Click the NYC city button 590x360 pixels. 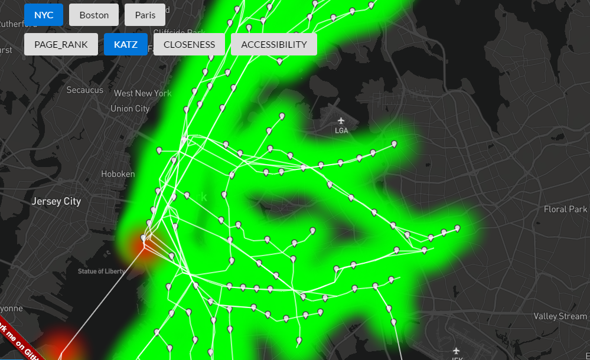[44, 15]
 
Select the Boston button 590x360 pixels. [94, 15]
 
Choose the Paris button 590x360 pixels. [145, 15]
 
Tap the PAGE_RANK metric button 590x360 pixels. [61, 44]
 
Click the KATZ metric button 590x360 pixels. [125, 44]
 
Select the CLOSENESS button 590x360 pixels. [189, 44]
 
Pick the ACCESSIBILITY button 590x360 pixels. [273, 44]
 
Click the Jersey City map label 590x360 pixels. [56, 201]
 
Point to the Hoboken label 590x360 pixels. [118, 174]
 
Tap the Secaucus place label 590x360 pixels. [84, 90]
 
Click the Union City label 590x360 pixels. [130, 109]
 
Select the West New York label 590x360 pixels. [142, 93]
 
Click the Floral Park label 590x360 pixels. [565, 210]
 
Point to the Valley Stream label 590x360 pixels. [560, 316]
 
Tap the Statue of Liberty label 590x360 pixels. [101, 271]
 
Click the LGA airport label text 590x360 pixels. [341, 130]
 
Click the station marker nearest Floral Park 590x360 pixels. [457, 228]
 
